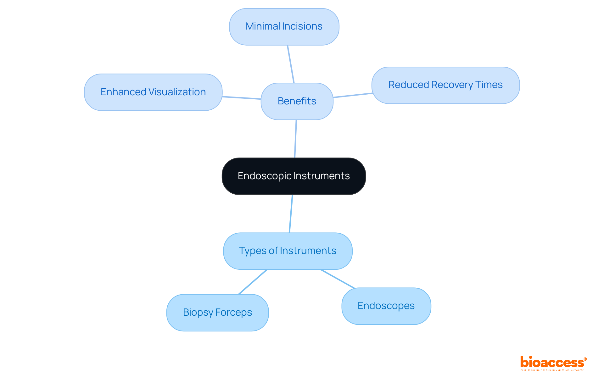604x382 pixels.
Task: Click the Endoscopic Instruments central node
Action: click(x=294, y=176)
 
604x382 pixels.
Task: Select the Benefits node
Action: click(x=297, y=101)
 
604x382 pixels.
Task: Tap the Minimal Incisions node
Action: click(x=284, y=27)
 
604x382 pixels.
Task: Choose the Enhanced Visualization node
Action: click(x=153, y=92)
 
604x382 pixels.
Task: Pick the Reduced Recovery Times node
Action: click(x=445, y=85)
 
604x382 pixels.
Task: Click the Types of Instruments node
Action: click(x=288, y=251)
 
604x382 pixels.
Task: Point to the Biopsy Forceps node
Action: click(x=217, y=313)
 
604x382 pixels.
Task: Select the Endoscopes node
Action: click(x=386, y=306)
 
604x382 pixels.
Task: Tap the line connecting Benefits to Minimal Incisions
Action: click(x=291, y=64)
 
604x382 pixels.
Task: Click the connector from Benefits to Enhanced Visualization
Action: click(x=242, y=98)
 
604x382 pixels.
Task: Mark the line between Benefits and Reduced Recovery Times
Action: click(x=353, y=95)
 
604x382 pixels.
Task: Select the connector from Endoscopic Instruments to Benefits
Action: click(x=295, y=139)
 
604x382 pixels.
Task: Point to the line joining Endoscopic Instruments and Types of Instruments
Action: click(x=291, y=214)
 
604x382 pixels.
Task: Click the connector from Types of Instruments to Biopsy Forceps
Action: click(x=253, y=282)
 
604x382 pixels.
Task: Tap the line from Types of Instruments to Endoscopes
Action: click(x=338, y=279)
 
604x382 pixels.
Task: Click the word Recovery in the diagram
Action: click(x=452, y=85)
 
